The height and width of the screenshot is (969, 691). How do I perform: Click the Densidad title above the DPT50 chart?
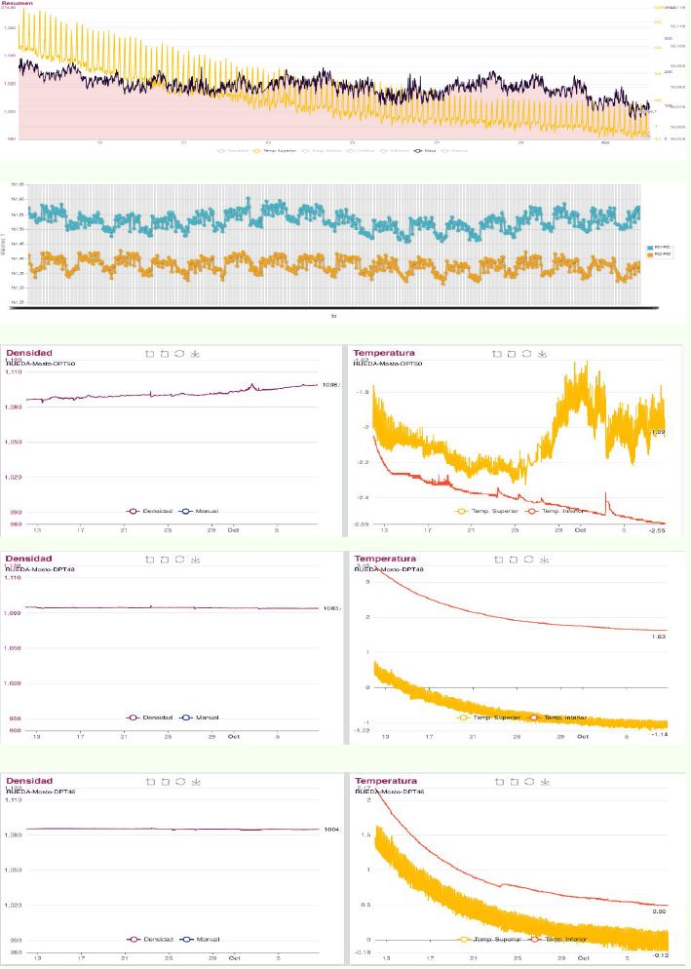[29, 352]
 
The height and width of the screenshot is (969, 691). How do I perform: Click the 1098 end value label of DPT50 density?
[330, 385]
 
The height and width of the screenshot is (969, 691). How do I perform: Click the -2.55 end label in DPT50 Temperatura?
[657, 525]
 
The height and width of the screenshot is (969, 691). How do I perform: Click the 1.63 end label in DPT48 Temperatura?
[658, 636]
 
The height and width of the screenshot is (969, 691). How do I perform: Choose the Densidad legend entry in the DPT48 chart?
[157, 717]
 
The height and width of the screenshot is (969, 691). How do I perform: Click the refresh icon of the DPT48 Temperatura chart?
[527, 560]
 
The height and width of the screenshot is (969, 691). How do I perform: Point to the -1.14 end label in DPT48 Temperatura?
[658, 734]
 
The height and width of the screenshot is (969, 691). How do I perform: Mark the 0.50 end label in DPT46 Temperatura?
[658, 911]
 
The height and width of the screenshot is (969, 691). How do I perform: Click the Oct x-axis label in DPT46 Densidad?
[233, 957]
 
